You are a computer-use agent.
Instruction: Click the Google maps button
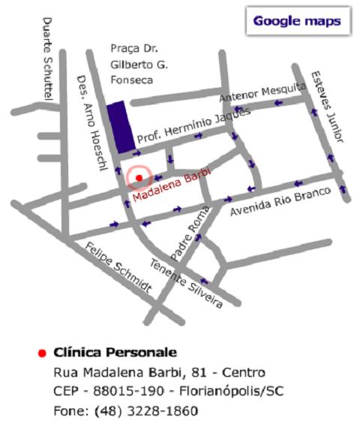coord(296,21)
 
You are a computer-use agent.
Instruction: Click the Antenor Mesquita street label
coord(262,93)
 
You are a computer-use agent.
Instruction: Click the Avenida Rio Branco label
coord(280,200)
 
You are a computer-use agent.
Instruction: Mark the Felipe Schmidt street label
coord(119,267)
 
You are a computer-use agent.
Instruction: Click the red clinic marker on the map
coord(139,177)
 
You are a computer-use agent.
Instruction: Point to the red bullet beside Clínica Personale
coord(42,352)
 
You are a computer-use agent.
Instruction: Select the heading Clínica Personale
coord(115,351)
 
